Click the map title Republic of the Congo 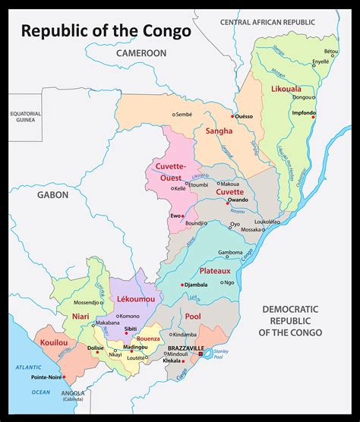click(x=106, y=31)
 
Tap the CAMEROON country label click(x=141, y=54)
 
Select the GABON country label click(x=52, y=195)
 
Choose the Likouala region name click(x=286, y=89)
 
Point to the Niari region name click(x=81, y=315)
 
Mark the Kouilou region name click(x=54, y=342)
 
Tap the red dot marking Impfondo click(x=313, y=115)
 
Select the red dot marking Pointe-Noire click(x=65, y=376)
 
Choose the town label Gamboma click(x=230, y=253)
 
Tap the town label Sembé click(x=183, y=115)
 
